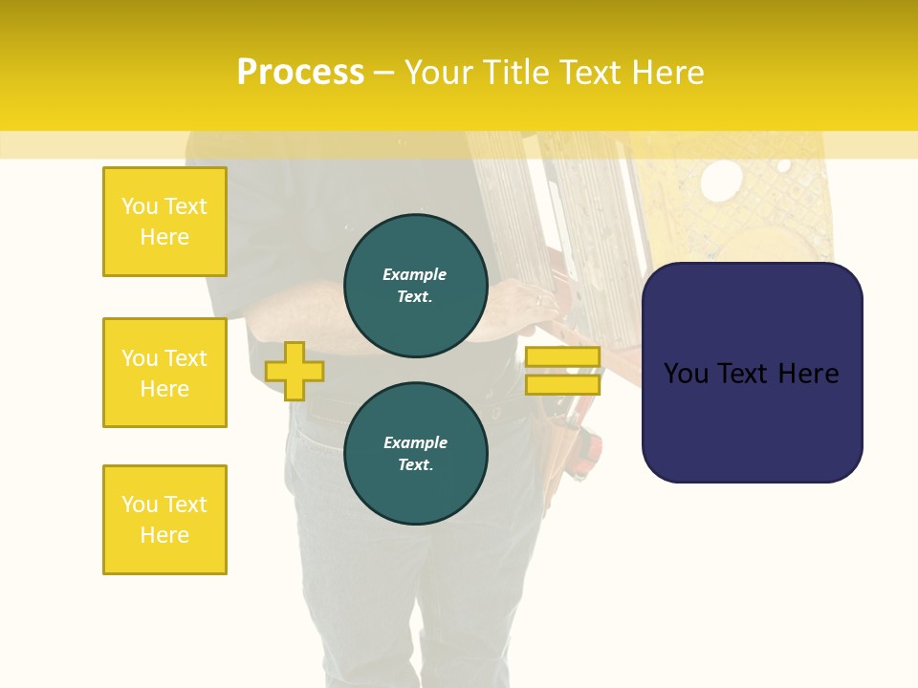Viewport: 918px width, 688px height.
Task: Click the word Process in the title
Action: pos(300,72)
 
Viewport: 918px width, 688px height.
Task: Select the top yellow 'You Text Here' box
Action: pos(164,222)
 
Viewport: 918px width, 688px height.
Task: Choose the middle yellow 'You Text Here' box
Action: pos(164,373)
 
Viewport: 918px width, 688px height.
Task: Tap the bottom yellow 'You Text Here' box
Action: pos(164,520)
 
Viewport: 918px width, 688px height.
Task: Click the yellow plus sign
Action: pos(295,371)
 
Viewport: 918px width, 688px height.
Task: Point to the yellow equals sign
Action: pos(562,371)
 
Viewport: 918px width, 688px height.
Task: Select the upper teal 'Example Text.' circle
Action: pos(416,286)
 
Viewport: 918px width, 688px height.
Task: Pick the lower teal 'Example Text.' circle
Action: pos(416,454)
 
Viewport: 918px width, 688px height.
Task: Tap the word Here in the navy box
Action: pos(808,373)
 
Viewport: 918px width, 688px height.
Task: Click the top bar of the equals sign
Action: pos(562,356)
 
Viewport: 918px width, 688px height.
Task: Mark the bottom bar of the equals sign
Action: pos(562,385)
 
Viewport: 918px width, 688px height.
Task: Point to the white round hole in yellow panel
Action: pos(721,180)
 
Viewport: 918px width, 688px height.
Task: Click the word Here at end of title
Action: pos(669,72)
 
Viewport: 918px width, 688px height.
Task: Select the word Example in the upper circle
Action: pos(415,274)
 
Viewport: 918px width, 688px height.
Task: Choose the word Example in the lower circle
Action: pos(415,442)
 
